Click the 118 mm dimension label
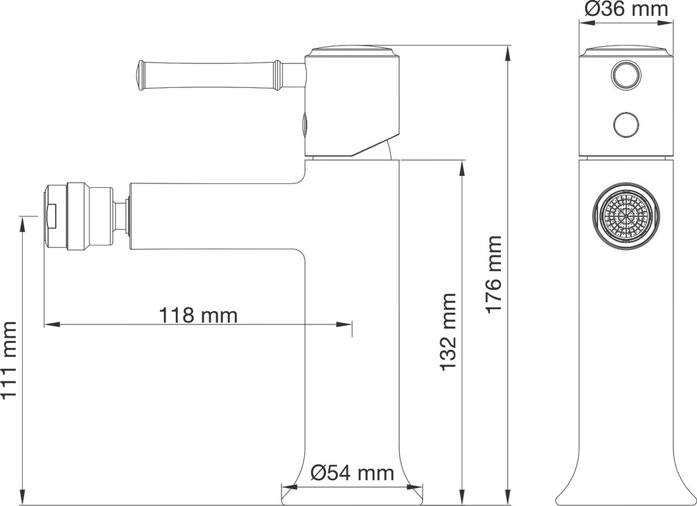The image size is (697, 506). coord(198,315)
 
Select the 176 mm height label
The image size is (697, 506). coord(494,275)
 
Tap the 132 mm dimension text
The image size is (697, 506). coord(448,331)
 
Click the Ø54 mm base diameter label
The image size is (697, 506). coord(352,473)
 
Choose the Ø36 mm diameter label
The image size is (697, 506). coord(626,9)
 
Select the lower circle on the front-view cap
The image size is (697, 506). coord(626,124)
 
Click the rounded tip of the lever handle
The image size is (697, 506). coord(139,75)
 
